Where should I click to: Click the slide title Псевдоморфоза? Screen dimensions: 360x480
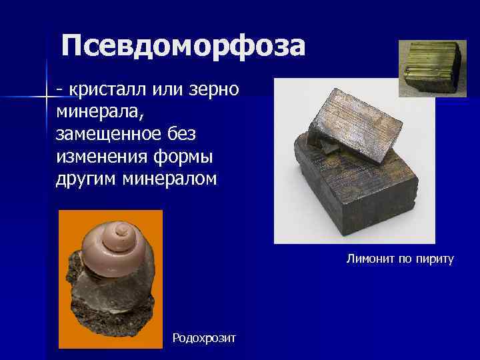183,47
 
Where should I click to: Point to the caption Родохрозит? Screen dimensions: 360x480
204,338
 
